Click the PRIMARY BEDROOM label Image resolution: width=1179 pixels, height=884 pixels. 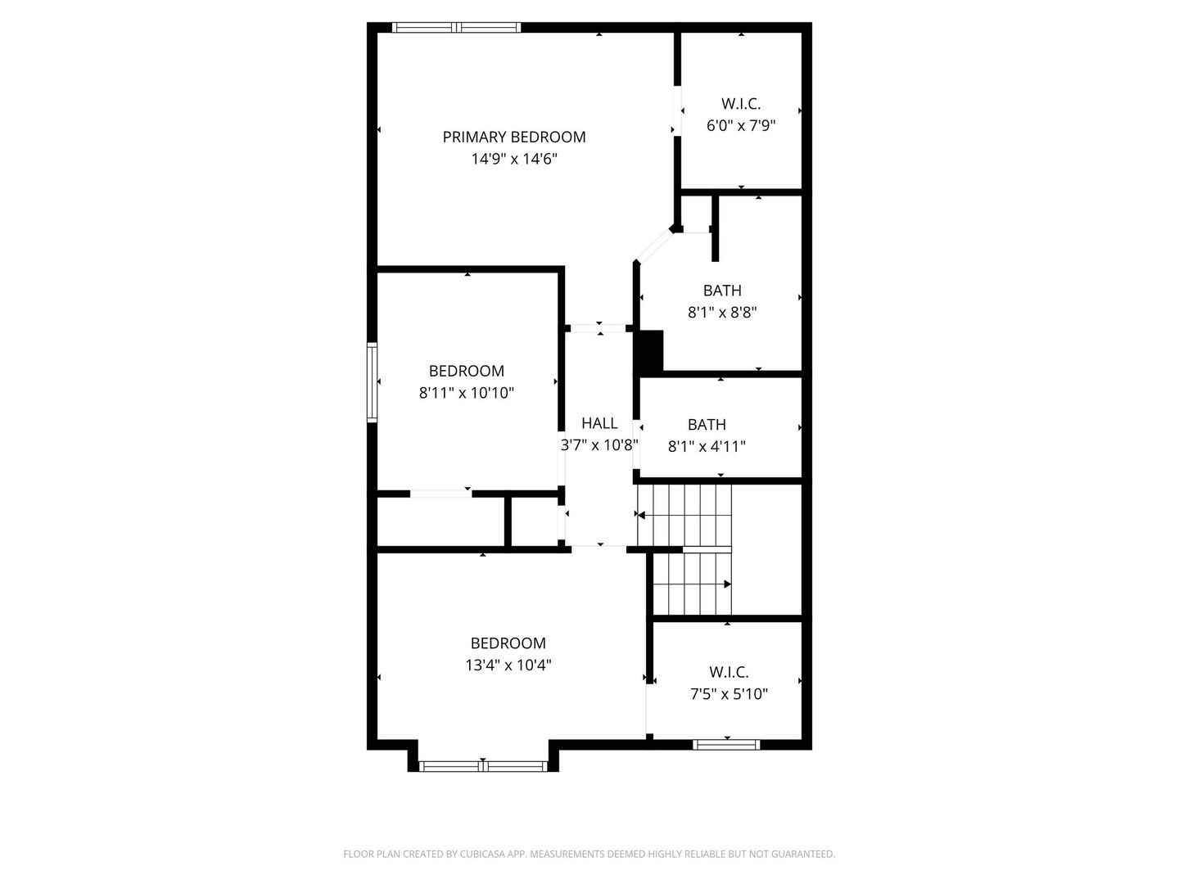tap(513, 137)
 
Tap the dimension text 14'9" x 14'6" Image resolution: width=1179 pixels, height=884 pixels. tap(514, 159)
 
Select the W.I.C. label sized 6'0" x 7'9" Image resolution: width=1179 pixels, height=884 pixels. tap(741, 104)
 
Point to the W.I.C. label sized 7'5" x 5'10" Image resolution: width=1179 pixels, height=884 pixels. tap(729, 672)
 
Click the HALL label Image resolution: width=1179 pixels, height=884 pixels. tap(599, 423)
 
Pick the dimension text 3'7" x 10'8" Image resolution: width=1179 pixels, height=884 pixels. tap(599, 445)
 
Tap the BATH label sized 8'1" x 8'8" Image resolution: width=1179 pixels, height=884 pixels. tap(722, 291)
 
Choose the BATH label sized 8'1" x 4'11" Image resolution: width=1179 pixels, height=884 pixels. tap(707, 425)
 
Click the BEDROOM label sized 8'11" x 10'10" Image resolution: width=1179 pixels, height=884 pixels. tap(466, 371)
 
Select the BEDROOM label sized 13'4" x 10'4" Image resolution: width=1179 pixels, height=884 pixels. tap(508, 643)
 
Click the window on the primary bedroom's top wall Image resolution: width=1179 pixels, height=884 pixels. tap(457, 27)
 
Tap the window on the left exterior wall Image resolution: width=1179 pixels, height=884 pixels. tap(372, 381)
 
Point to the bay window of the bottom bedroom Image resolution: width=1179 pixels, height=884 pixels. tap(483, 766)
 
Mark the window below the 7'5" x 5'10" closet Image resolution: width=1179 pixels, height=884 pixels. tap(727, 745)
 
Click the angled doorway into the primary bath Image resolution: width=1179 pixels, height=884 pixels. tap(653, 246)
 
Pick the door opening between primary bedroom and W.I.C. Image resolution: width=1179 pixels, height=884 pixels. tap(677, 110)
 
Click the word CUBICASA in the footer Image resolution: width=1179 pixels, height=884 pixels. tap(483, 854)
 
